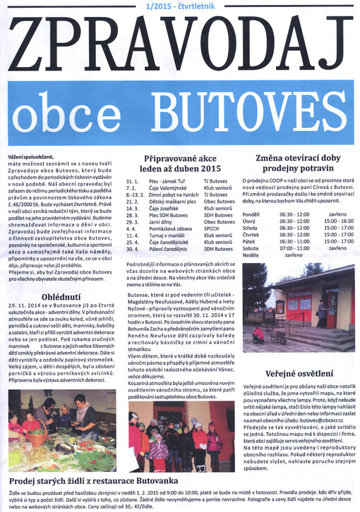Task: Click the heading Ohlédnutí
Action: pyautogui.click(x=60, y=296)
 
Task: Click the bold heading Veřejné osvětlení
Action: pyautogui.click(x=295, y=373)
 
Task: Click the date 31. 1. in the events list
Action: pyautogui.click(x=131, y=181)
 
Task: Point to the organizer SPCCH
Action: pyautogui.click(x=212, y=228)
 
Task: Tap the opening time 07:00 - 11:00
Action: pyautogui.click(x=294, y=248)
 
